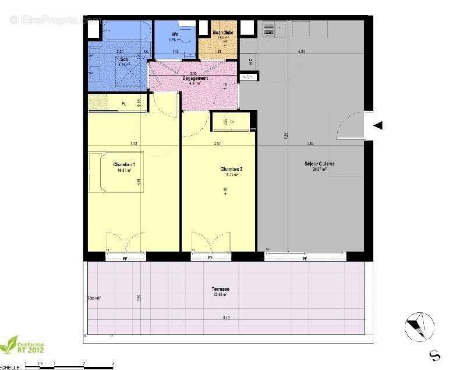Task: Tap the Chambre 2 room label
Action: click(x=231, y=170)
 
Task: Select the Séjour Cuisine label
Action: click(x=319, y=164)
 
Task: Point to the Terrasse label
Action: click(x=220, y=289)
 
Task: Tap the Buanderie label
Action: click(x=223, y=33)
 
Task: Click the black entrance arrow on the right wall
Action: click(x=378, y=125)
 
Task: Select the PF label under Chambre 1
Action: click(x=125, y=257)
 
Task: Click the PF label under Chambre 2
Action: click(x=211, y=257)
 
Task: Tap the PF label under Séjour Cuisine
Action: click(x=305, y=257)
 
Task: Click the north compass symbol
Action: click(x=419, y=326)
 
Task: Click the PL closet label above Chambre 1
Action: click(x=123, y=104)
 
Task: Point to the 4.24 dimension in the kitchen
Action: click(x=301, y=52)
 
